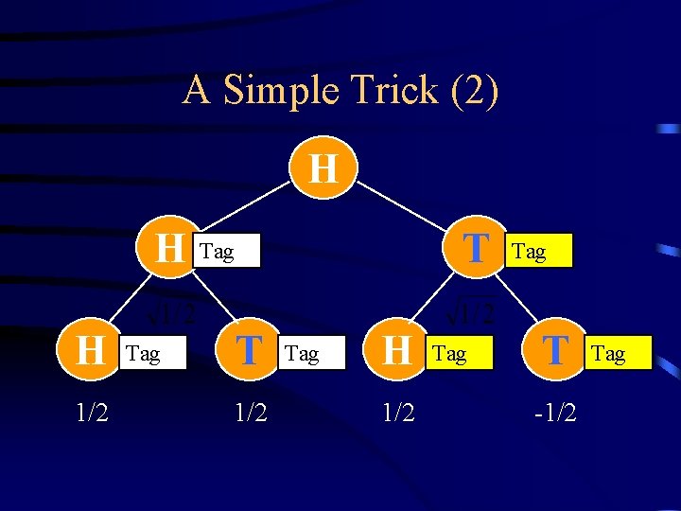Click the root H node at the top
(x=323, y=169)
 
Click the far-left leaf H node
(x=91, y=351)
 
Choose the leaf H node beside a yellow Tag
(x=398, y=351)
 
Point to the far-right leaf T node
(x=556, y=351)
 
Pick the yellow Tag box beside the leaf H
(x=460, y=354)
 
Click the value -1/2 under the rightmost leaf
(x=555, y=413)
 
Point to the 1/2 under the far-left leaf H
(x=92, y=413)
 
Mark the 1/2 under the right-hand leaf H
(x=398, y=413)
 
